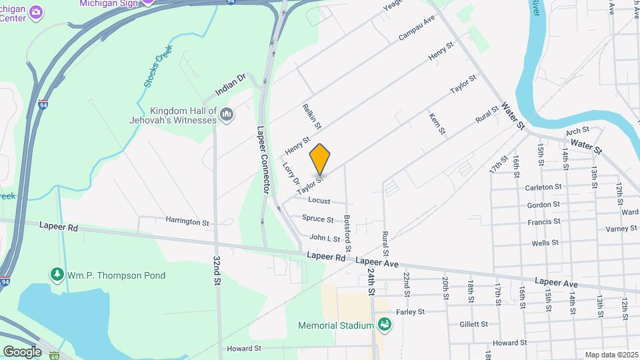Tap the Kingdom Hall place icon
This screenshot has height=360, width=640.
227,115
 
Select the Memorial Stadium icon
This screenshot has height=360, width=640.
384,325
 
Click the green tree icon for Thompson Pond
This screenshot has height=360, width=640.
58,275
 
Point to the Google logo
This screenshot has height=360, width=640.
22,351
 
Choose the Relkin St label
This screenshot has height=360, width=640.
311,117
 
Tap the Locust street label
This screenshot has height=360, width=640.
319,200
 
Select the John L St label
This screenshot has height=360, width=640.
325,237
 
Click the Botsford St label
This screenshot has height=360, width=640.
347,228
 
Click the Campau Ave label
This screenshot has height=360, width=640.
417,27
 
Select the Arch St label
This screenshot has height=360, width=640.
577,130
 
